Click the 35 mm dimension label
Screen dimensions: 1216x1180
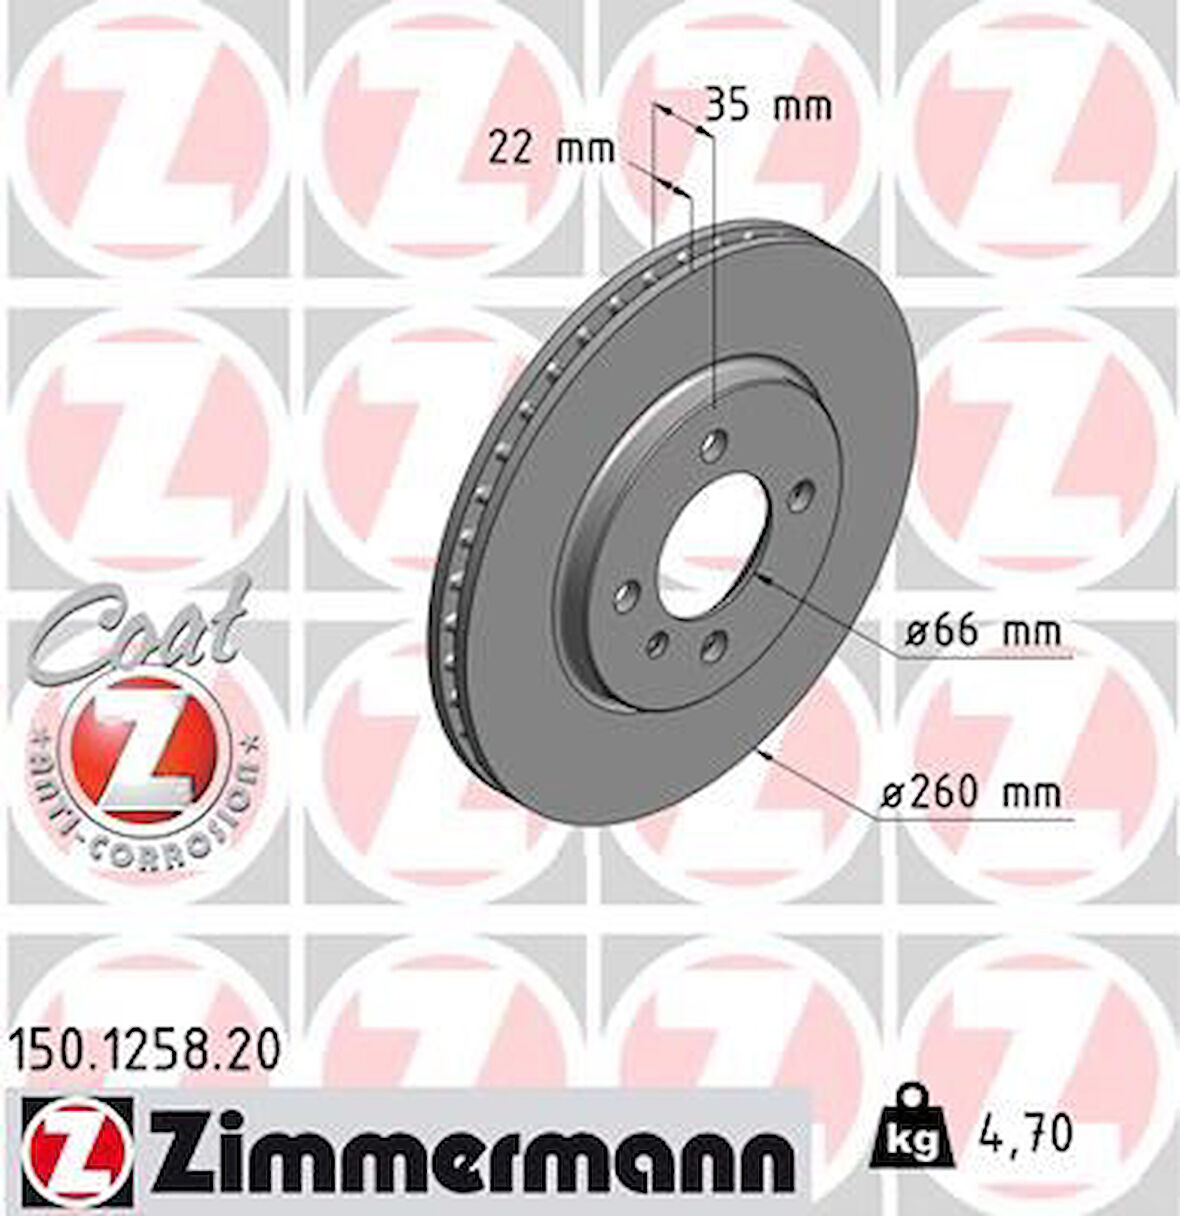click(768, 105)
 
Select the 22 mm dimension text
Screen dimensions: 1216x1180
click(550, 150)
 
